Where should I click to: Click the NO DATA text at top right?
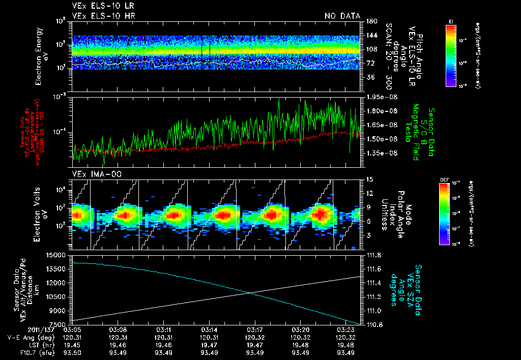(x=342, y=16)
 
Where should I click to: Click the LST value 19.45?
(x=74, y=345)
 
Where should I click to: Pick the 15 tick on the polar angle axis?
(x=369, y=179)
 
